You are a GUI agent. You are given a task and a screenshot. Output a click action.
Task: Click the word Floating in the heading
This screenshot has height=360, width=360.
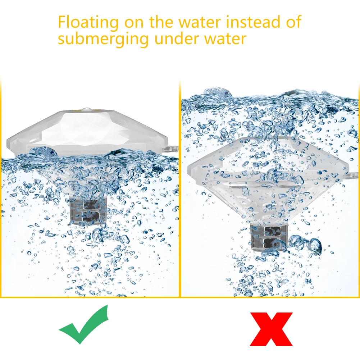[x=88, y=22]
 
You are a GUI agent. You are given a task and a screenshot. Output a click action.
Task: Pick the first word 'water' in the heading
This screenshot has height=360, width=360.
[x=197, y=22]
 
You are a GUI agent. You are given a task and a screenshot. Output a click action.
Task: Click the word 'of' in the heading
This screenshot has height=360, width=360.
[x=293, y=22]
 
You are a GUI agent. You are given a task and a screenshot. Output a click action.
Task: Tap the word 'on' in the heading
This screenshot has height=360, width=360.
[x=132, y=22]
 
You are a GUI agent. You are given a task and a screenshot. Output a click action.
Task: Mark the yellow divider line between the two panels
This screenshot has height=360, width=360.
[x=180, y=187]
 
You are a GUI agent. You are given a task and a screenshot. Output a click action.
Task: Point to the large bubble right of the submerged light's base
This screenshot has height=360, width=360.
[x=314, y=246]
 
